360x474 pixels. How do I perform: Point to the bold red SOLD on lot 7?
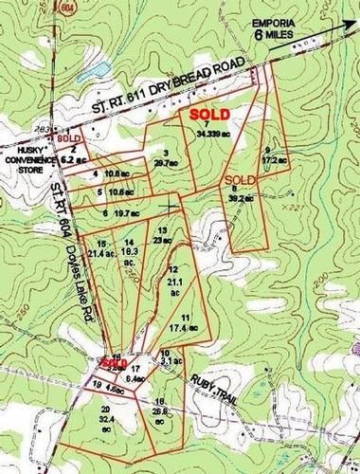[201, 111]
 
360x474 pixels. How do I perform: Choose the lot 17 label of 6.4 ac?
[136, 373]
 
